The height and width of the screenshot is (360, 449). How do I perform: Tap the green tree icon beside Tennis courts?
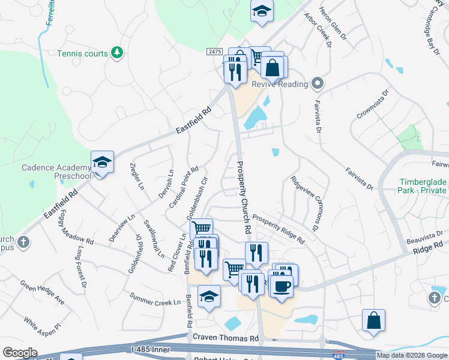(116, 53)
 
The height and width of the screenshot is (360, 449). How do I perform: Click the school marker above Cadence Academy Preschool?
(102, 162)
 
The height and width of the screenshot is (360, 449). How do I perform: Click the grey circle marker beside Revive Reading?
(318, 84)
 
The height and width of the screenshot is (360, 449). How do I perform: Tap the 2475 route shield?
(215, 52)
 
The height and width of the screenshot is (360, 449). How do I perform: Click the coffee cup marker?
(280, 285)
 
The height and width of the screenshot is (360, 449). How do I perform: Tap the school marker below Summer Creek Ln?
(209, 296)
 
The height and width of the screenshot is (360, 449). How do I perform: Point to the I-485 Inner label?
(170, 349)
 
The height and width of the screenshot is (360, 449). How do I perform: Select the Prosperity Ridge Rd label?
(278, 229)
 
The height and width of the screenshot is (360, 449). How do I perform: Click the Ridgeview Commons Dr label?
(304, 204)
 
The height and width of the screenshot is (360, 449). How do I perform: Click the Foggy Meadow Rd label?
(77, 230)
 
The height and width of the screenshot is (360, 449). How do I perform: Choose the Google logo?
(20, 353)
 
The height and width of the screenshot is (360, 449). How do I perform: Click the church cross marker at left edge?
(23, 242)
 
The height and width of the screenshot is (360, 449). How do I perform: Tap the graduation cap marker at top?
(262, 12)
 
